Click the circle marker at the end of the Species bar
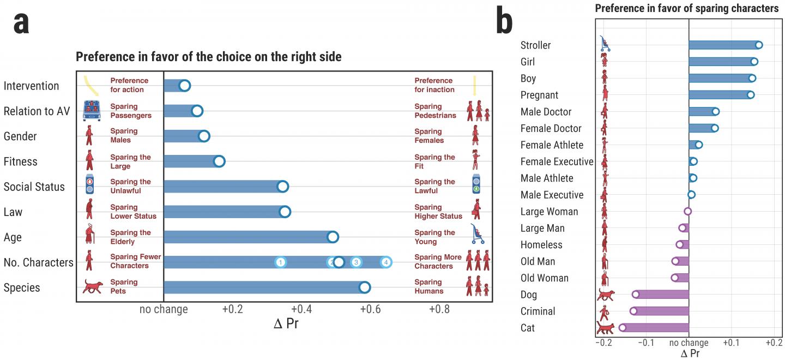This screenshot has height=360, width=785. tap(365, 287)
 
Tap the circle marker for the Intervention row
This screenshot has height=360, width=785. tap(184, 86)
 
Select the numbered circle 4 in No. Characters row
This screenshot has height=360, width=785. tap(386, 262)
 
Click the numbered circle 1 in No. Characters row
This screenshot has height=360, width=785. tap(280, 262)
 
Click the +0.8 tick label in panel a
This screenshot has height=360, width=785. tap(439, 309)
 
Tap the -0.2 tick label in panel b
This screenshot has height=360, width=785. tap(604, 343)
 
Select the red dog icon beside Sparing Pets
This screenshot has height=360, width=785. tap(92, 287)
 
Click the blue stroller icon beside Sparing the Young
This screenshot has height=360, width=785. tap(478, 234)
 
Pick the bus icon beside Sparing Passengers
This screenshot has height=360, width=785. tap(92, 110)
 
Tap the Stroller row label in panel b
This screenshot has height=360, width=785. tap(535, 45)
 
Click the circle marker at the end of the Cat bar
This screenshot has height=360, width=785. tap(623, 328)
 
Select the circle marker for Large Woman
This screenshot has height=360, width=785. tap(687, 211)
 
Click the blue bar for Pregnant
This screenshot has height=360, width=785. tap(720, 95)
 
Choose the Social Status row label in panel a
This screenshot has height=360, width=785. tap(34, 187)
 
